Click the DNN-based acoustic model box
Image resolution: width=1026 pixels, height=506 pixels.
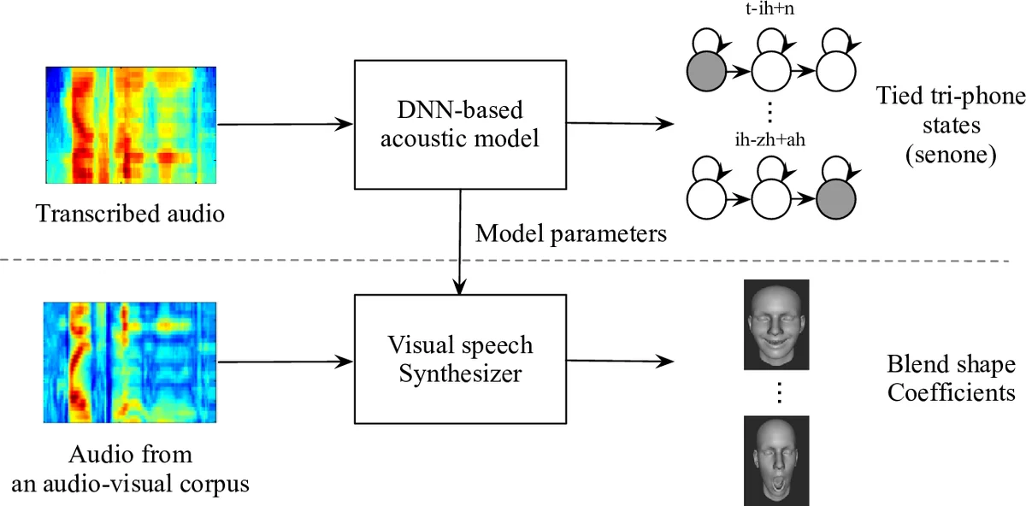click(460, 125)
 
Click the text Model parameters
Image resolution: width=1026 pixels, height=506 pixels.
click(569, 232)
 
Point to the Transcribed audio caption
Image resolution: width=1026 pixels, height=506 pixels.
click(130, 214)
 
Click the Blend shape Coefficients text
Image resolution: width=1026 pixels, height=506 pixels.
click(951, 380)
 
